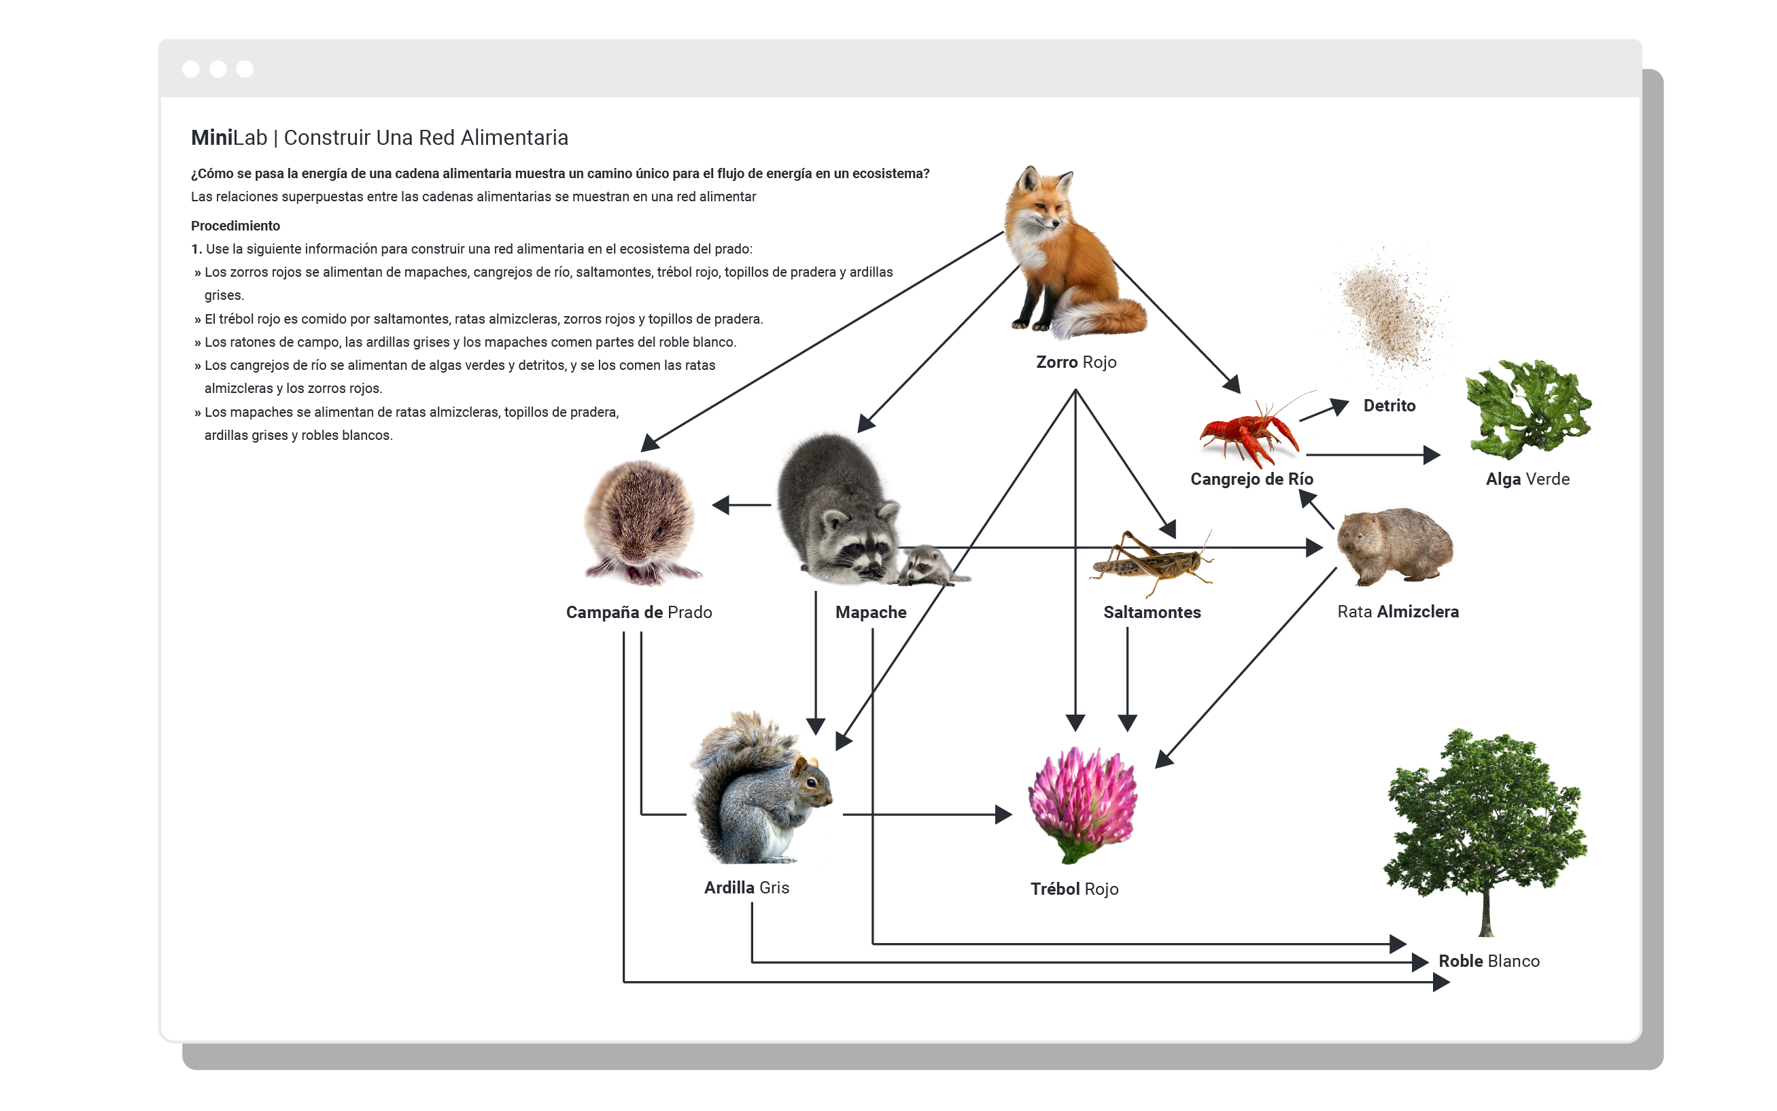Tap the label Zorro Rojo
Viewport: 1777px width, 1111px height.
[1075, 362]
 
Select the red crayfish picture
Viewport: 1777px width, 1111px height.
[1248, 434]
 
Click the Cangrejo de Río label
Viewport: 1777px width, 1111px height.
[1251, 479]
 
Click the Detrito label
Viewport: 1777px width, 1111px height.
[1388, 406]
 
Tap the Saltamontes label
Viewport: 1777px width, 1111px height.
[1151, 612]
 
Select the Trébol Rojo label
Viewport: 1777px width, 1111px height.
[1074, 889]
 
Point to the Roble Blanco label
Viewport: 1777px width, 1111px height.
[1488, 961]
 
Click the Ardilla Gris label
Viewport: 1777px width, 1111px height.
[746, 887]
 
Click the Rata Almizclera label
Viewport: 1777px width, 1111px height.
[1397, 612]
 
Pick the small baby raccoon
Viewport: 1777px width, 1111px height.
[927, 566]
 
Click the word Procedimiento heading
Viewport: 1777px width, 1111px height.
[235, 226]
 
